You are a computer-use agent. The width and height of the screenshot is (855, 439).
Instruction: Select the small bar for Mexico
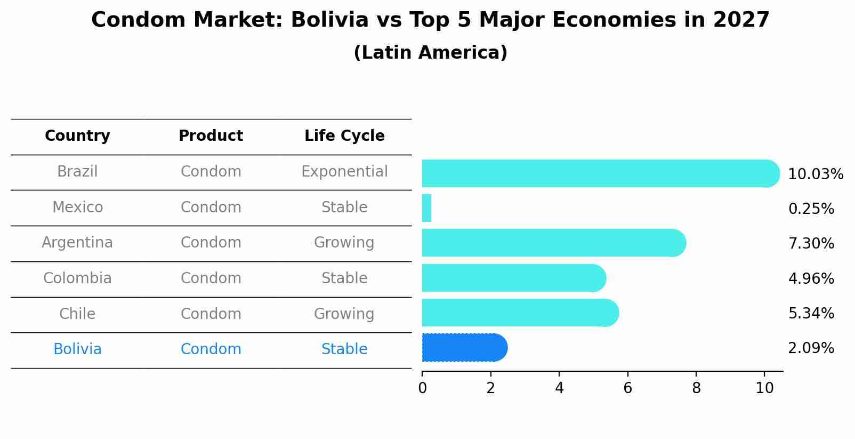pyautogui.click(x=426, y=208)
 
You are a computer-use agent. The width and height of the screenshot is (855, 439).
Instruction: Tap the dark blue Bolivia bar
pyautogui.click(x=464, y=348)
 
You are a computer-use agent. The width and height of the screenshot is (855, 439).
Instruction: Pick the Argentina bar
pyautogui.click(x=553, y=243)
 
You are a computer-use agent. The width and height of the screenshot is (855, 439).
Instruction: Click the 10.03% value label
pyautogui.click(x=815, y=174)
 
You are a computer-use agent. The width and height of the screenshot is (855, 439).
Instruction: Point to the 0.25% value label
pyautogui.click(x=811, y=209)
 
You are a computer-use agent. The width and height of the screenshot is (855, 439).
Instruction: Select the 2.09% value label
pyautogui.click(x=811, y=348)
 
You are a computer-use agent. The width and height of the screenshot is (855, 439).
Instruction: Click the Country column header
pyautogui.click(x=77, y=136)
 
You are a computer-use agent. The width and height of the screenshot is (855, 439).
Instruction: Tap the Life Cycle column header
pyautogui.click(x=344, y=136)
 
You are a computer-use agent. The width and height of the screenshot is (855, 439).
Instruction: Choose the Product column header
pyautogui.click(x=211, y=136)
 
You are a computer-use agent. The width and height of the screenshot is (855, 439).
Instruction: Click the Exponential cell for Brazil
pyautogui.click(x=344, y=172)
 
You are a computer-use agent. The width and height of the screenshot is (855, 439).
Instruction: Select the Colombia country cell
pyautogui.click(x=77, y=278)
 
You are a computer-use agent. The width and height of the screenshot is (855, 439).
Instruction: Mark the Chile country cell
pyautogui.click(x=77, y=314)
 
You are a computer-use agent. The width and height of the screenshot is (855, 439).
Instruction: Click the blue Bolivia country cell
pyautogui.click(x=77, y=349)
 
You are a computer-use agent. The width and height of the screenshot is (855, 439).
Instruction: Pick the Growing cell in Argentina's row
pyautogui.click(x=344, y=243)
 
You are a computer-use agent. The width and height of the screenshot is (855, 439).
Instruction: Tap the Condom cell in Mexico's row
pyautogui.click(x=211, y=207)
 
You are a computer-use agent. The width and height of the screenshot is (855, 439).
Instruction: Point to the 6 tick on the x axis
pyautogui.click(x=627, y=388)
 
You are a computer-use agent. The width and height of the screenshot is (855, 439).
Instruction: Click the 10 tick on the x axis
pyautogui.click(x=764, y=388)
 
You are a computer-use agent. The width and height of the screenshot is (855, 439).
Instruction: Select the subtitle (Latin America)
pyautogui.click(x=430, y=53)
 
